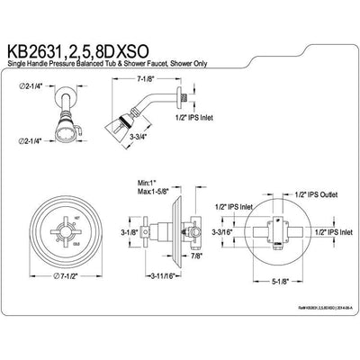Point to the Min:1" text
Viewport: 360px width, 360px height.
click(x=138, y=181)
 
